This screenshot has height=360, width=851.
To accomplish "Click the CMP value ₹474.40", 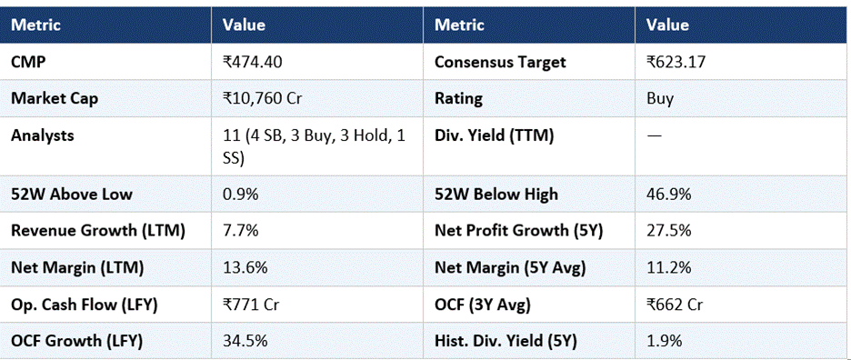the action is [253, 62].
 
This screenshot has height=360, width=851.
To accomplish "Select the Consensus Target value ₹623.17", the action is [676, 62].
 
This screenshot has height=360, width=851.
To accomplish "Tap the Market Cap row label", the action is [55, 99].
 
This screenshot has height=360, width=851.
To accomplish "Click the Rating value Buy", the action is [660, 99].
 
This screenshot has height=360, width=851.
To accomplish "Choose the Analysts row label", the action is [43, 135].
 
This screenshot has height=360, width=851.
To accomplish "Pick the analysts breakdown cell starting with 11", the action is [315, 147].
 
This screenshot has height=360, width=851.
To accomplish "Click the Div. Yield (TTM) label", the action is [494, 135].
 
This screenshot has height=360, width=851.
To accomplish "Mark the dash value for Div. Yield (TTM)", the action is [654, 135].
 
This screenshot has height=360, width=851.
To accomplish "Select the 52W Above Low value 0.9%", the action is [240, 195].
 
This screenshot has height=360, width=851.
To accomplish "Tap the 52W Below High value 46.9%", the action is [668, 195].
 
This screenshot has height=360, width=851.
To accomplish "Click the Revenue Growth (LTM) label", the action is [98, 231].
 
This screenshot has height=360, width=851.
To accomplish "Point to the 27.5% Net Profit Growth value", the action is [668, 231].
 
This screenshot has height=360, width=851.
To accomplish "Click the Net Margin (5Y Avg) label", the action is [510, 267].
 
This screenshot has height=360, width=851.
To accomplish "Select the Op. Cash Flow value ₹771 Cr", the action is [253, 305].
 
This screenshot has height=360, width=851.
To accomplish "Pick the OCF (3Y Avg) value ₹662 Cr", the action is [675, 305].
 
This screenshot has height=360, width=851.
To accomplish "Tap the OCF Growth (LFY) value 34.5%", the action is [245, 341].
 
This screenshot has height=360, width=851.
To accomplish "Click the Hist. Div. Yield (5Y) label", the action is [506, 341].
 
